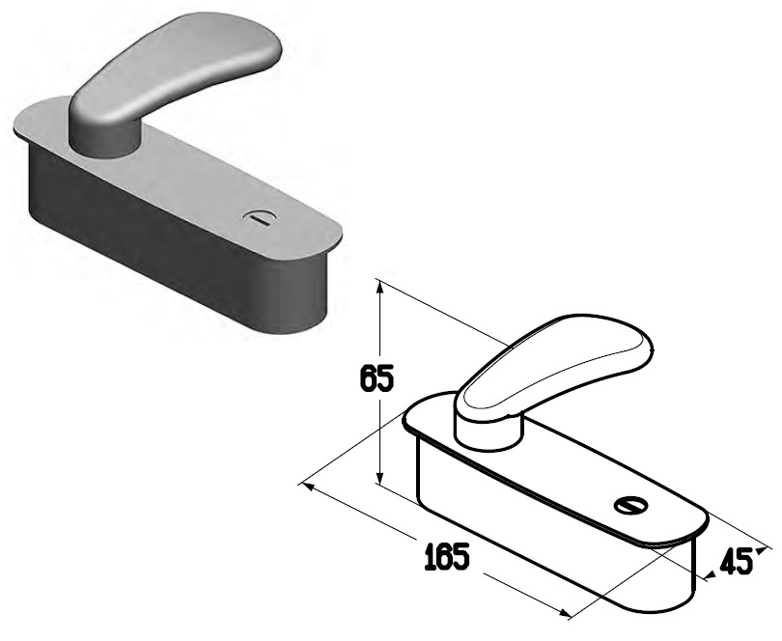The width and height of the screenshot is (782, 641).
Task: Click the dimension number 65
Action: tap(377, 378)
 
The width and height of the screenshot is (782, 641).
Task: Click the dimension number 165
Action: tap(447, 556)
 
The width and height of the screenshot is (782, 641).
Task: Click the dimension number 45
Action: tap(736, 562)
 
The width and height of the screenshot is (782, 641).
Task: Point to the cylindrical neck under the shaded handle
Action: tap(103, 141)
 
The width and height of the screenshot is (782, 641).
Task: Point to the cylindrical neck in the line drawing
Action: tap(489, 432)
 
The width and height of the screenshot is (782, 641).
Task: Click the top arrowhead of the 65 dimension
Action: tap(379, 290)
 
